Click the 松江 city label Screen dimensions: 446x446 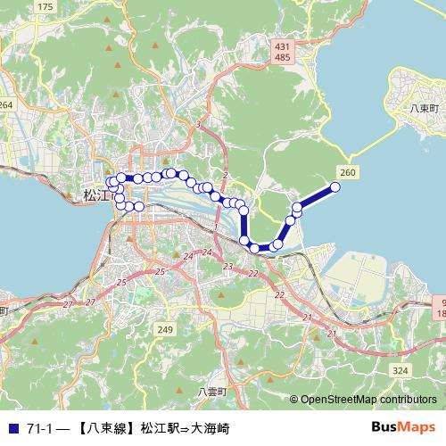(94, 193)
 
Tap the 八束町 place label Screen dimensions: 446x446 (424, 107)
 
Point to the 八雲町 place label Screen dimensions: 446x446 (213, 392)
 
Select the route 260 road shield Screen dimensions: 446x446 (348, 170)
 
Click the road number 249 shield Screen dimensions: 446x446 (164, 330)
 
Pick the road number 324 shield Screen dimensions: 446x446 (400, 369)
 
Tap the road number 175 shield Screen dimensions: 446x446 (46, 7)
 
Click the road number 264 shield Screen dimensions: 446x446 (6, 105)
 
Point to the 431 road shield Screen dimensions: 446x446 (283, 45)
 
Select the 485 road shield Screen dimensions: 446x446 (283, 57)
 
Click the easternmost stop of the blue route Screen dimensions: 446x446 (336, 186)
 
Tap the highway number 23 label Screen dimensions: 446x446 (228, 267)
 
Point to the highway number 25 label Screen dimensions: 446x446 (161, 271)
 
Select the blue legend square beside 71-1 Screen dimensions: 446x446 (12, 429)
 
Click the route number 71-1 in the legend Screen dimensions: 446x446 (39, 429)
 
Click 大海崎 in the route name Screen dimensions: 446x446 (210, 429)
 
